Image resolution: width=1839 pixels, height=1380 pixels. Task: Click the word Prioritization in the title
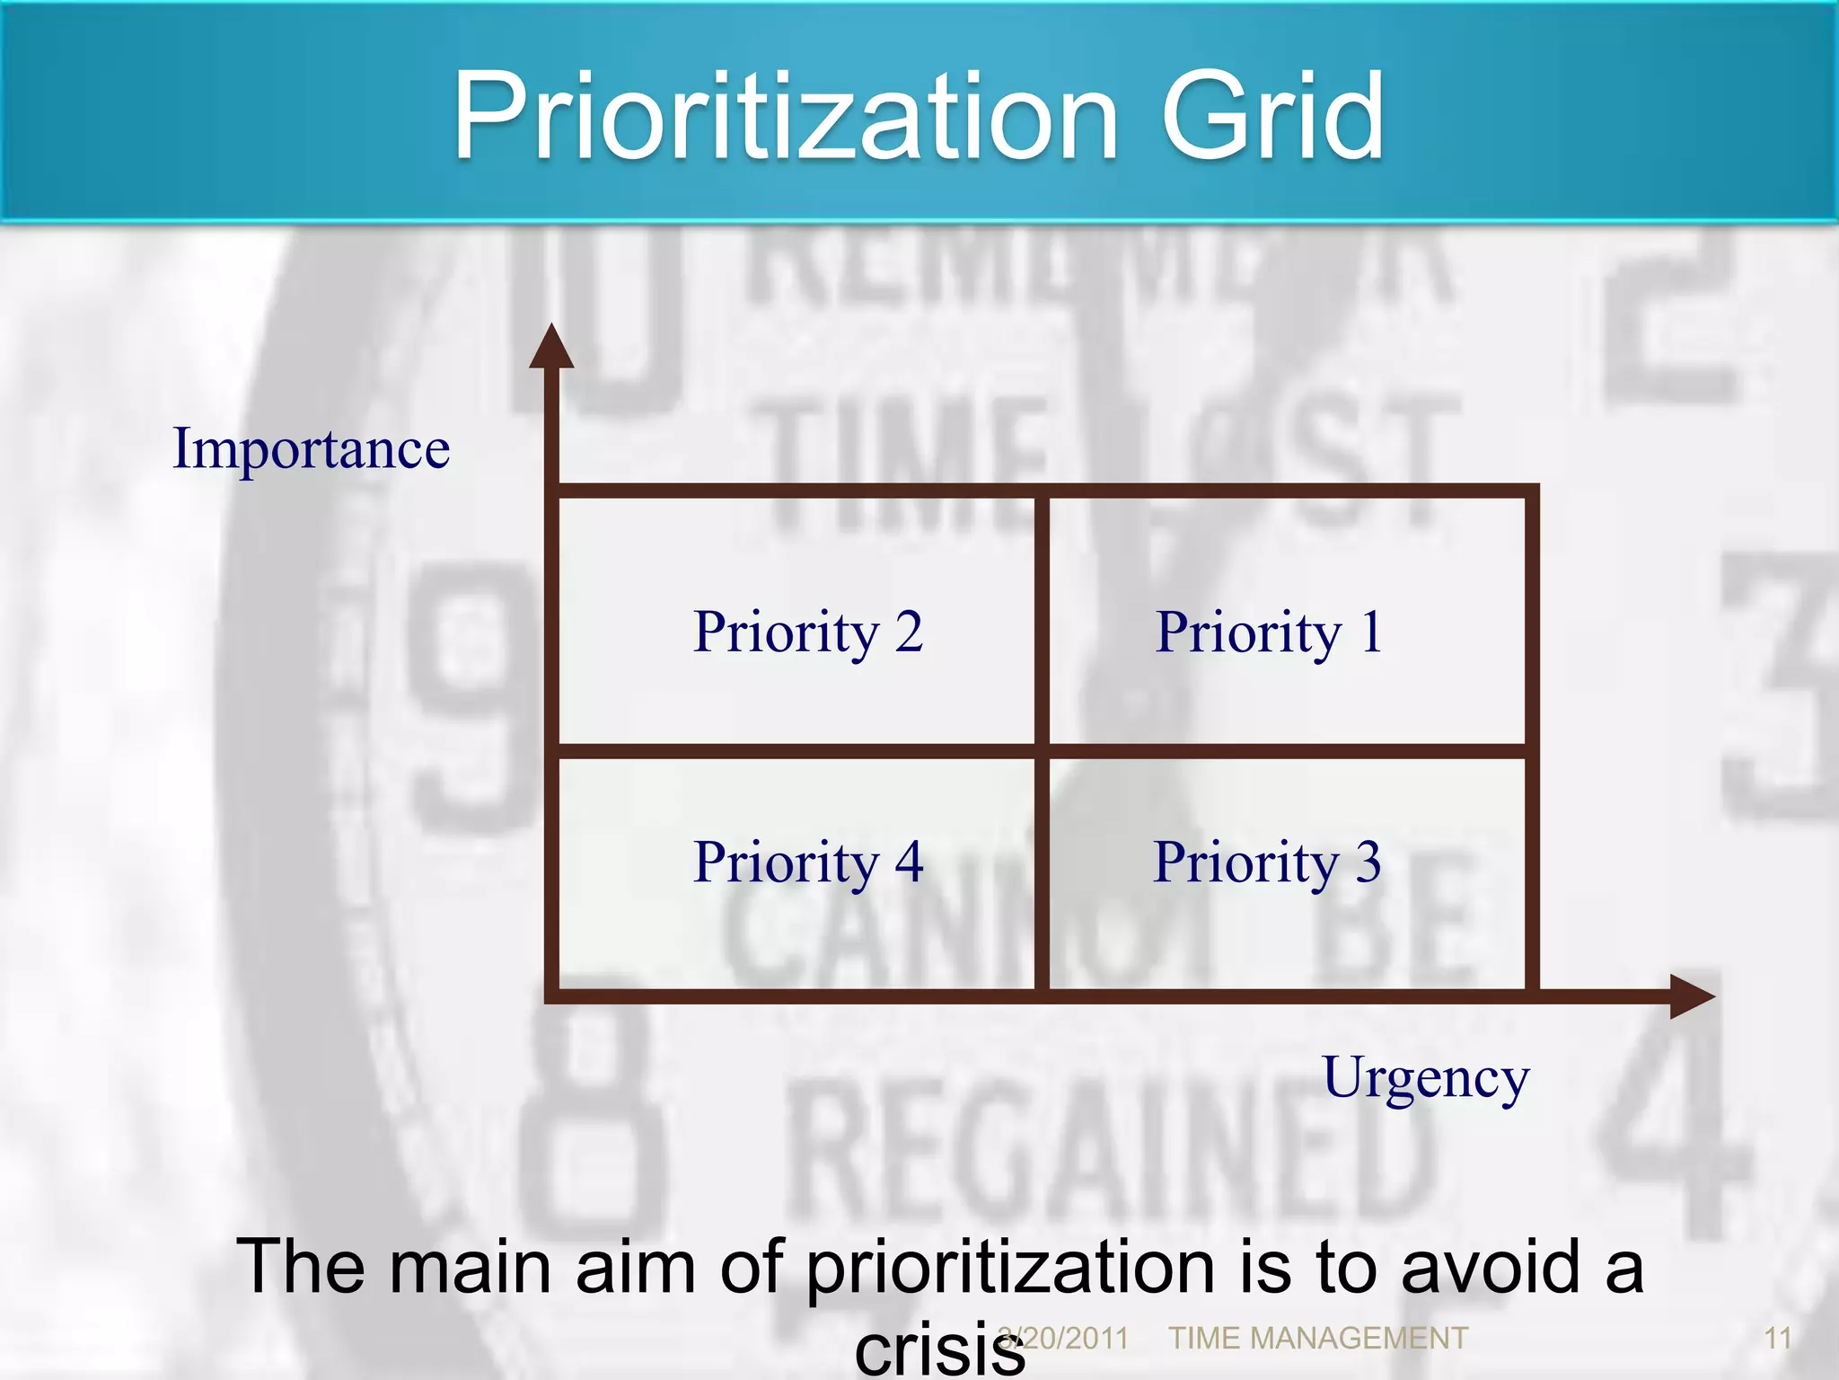(786, 117)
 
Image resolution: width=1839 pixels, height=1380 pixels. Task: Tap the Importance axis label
(311, 448)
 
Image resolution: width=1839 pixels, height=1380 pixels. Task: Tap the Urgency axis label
(1425, 1078)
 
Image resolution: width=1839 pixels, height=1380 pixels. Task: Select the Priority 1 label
(1268, 632)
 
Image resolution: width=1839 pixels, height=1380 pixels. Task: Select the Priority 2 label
(808, 632)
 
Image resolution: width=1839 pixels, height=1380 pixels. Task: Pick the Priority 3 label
(1266, 862)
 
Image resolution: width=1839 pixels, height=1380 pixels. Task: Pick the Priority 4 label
(808, 862)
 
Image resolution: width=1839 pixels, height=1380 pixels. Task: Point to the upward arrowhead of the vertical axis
(551, 348)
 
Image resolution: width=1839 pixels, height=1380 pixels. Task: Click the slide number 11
(1778, 1339)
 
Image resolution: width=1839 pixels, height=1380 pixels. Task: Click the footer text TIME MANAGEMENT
(1317, 1339)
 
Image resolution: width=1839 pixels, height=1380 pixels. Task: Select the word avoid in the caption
(1490, 1267)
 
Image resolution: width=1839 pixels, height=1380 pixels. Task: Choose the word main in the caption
(466, 1267)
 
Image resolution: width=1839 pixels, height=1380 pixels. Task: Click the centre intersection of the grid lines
(1042, 751)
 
